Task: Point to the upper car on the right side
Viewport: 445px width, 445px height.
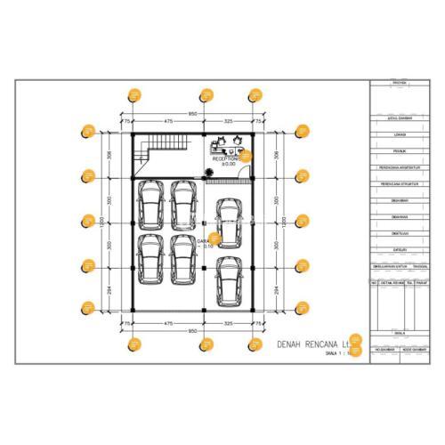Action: point(230,222)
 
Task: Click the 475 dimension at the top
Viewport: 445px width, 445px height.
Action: point(167,121)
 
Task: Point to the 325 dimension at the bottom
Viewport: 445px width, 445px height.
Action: point(229,323)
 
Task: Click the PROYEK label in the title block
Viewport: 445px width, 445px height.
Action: point(400,84)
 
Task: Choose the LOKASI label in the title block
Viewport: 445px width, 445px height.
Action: point(400,134)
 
